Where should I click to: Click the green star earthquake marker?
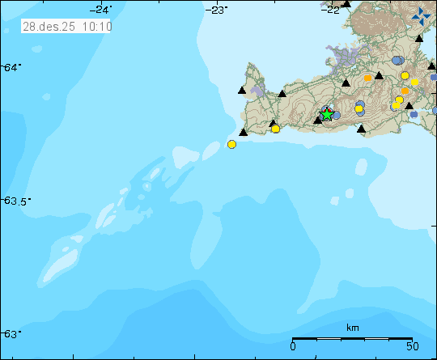[326, 115]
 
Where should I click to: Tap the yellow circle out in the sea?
[231, 144]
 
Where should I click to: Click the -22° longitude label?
[331, 9]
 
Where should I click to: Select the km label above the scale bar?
[352, 328]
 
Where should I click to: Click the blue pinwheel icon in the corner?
[421, 17]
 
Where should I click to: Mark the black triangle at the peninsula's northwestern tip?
[242, 91]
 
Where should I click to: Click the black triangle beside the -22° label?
[346, 4]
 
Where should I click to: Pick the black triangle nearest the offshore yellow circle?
[243, 132]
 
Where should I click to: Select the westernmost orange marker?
[367, 78]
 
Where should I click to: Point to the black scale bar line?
[352, 338]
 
